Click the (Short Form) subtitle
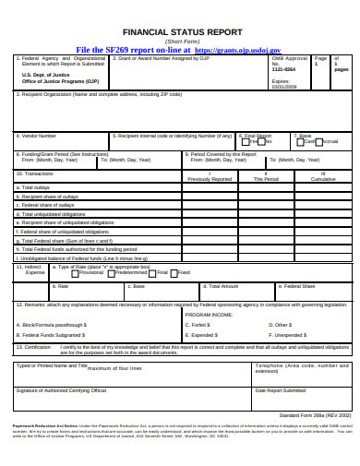181,41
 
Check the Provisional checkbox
78,273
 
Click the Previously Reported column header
210,179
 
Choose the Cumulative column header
322,179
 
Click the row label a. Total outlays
34,187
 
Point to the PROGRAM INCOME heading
209,314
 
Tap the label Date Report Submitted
281,391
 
